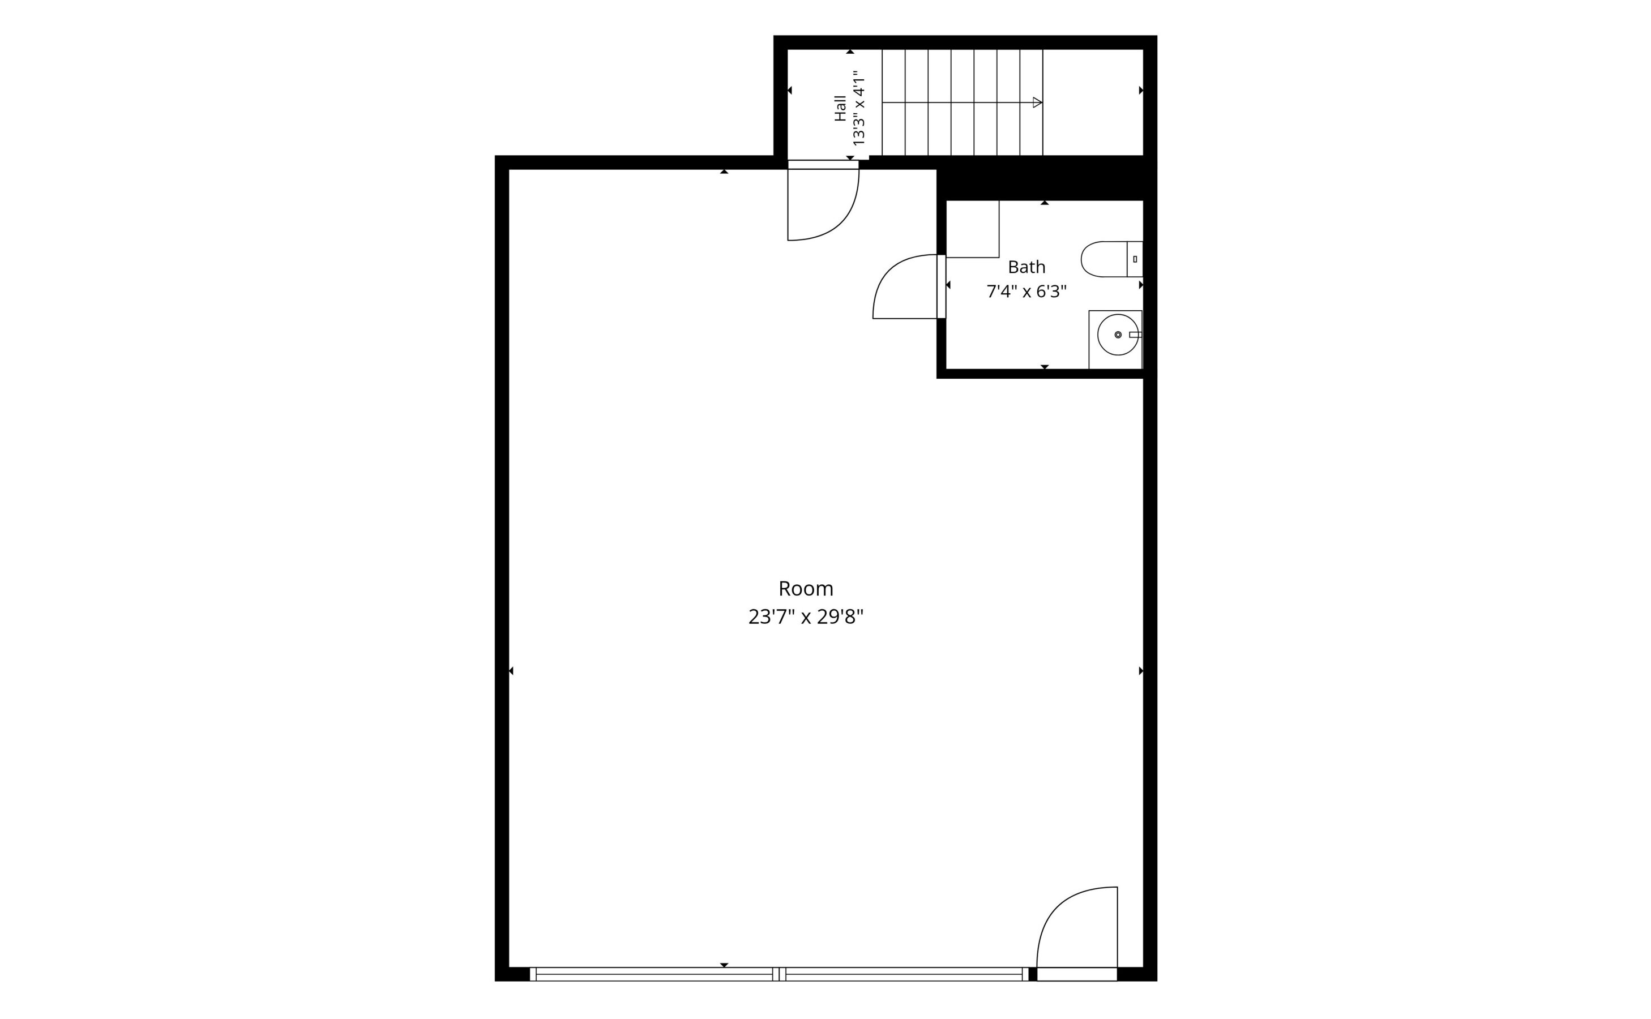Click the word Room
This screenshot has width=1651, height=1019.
tap(805, 589)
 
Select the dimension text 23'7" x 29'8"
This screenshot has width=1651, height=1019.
tap(805, 617)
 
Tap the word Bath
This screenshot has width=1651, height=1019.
tap(1026, 268)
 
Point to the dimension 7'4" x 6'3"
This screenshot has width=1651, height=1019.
tap(1026, 292)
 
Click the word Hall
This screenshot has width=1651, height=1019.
tap(840, 108)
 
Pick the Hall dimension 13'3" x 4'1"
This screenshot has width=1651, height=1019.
tap(858, 108)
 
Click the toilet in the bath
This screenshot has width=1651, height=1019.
tap(1112, 259)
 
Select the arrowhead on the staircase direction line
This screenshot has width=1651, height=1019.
tap(1038, 102)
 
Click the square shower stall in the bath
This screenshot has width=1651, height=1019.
tap(972, 229)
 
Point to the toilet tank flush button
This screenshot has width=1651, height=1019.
tap(1135, 259)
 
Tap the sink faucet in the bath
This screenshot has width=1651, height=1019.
tap(1135, 334)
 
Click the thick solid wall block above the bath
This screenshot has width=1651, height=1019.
tap(1041, 178)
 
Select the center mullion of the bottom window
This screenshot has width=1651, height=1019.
tap(779, 974)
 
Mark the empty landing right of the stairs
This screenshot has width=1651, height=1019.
tap(1093, 102)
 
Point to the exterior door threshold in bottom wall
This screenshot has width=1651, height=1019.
tap(1077, 974)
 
